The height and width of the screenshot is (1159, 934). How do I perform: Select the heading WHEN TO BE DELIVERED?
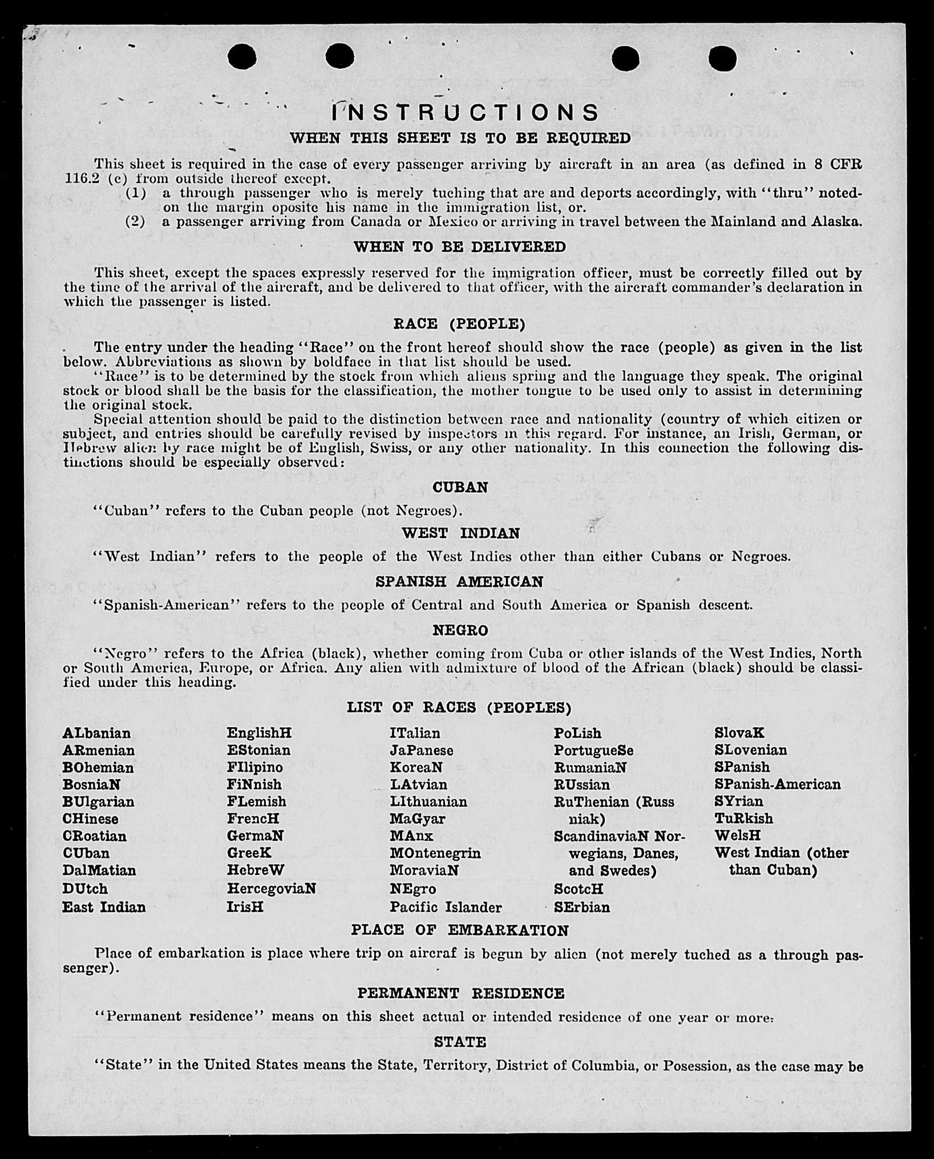[460, 247]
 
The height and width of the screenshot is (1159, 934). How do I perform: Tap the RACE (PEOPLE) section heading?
[459, 324]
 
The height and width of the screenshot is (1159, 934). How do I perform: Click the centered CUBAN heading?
[460, 488]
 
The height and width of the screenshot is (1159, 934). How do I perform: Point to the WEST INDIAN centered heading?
[460, 533]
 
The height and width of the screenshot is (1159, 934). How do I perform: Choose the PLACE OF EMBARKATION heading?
[460, 930]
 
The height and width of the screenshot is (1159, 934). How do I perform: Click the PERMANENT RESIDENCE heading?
[460, 993]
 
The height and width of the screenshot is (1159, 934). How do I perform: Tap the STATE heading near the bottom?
[460, 1042]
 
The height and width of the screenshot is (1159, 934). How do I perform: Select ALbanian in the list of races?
[96, 733]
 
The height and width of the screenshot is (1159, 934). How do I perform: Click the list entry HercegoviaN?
[271, 889]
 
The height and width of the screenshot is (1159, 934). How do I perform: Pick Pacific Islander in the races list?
[446, 907]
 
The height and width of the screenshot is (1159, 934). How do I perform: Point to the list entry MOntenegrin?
[435, 853]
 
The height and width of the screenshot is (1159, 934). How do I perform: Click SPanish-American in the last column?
[777, 784]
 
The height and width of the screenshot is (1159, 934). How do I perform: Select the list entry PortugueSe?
[593, 751]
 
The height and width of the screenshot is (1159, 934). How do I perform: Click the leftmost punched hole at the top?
[241, 56]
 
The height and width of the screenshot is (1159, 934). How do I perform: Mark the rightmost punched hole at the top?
[722, 58]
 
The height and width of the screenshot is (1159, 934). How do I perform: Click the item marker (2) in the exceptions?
[135, 221]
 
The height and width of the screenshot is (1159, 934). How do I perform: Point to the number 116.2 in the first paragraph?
[82, 179]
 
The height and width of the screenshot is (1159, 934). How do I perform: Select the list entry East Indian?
[104, 907]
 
